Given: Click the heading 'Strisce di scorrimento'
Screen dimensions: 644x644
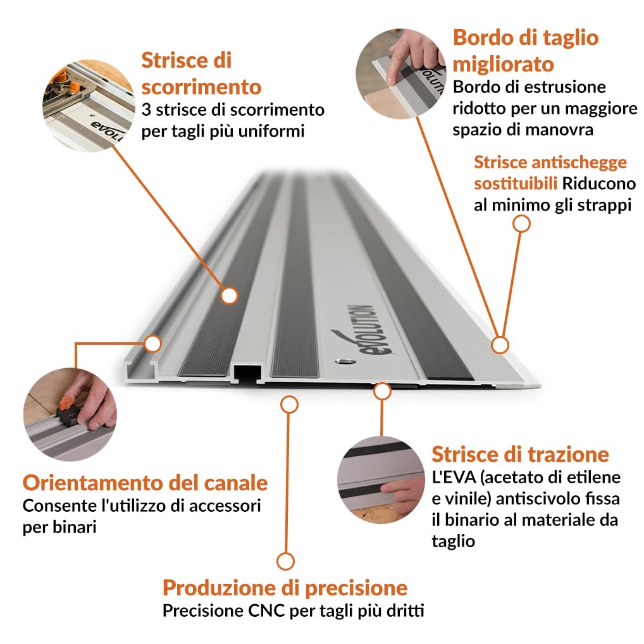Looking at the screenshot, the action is (201, 73).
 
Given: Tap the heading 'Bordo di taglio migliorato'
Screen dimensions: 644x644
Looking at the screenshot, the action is (526, 51).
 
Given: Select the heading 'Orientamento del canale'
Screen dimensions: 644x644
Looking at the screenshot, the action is (145, 483).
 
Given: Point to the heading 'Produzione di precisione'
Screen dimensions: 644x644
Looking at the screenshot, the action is (285, 588).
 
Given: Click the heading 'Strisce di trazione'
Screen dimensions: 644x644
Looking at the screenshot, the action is (521, 454).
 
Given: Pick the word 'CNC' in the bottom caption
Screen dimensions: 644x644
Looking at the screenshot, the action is (266, 610).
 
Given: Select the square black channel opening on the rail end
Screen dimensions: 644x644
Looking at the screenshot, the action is (247, 372).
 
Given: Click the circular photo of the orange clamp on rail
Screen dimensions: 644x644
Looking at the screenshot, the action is (70, 414).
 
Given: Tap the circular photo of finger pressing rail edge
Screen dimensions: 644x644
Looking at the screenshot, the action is (401, 74).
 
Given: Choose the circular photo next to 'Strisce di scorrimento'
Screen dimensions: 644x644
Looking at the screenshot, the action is (89, 106).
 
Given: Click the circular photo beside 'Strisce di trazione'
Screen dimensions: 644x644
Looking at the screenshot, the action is (381, 480).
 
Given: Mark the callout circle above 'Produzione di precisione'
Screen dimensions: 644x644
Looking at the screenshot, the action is (289, 404).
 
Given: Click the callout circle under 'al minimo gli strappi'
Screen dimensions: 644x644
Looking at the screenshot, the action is (522, 224).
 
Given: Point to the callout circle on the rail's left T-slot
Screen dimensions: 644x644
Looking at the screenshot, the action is (153, 344).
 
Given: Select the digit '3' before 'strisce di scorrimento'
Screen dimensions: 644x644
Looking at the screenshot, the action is (146, 110).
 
